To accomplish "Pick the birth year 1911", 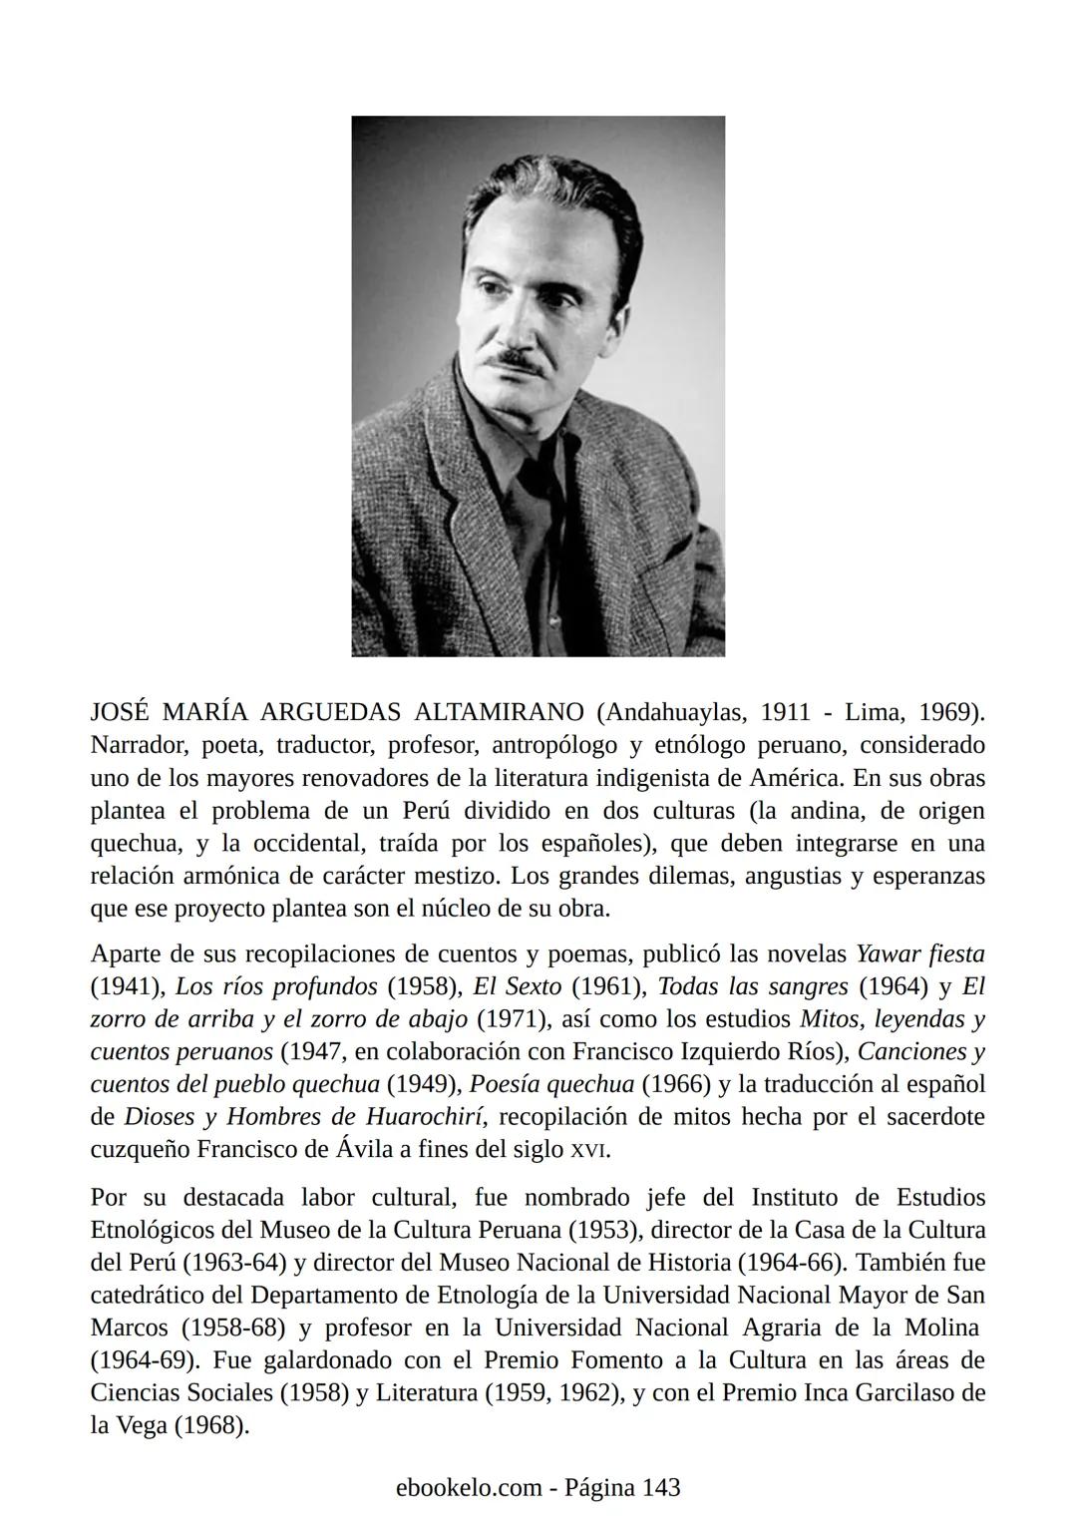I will point(785,712).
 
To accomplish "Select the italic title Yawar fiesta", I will point(920,953).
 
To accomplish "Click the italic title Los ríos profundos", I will point(276,986).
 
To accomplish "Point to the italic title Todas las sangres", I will point(753,986).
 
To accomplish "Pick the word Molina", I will point(942,1328).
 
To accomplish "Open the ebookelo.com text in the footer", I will point(467,1487).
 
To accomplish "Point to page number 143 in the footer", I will point(661,1487).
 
